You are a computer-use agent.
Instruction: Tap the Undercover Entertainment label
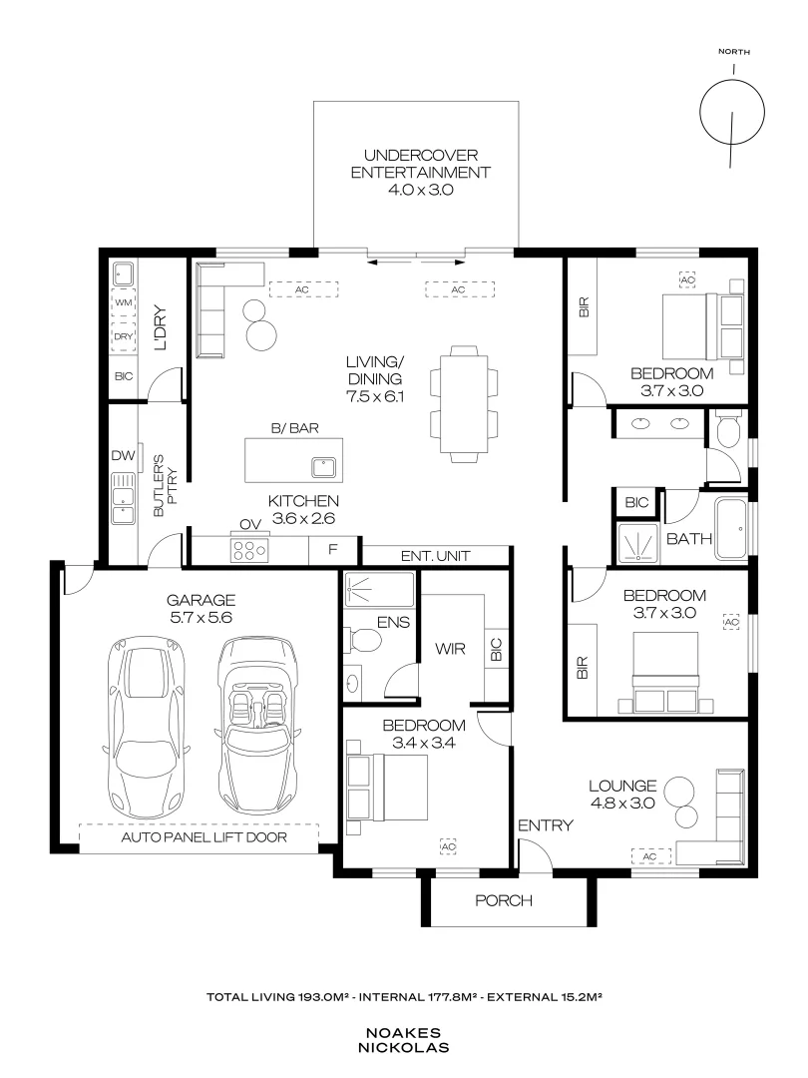point(421,165)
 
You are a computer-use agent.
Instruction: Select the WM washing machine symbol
point(124,302)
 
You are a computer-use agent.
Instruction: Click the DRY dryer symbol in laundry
point(124,336)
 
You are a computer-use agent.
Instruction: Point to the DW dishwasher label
point(123,455)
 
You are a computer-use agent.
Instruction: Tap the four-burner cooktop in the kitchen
point(249,549)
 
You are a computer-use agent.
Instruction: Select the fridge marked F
point(333,549)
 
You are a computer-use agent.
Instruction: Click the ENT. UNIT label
point(436,556)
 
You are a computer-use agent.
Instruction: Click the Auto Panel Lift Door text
point(204,837)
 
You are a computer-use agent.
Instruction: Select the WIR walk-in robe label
point(450,649)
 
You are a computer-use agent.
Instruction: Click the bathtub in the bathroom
point(731,529)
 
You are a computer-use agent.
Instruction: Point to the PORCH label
point(504,900)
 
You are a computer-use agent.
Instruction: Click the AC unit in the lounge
point(650,856)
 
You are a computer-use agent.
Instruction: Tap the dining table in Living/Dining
point(464,402)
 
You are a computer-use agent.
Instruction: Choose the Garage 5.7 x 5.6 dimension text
point(202,618)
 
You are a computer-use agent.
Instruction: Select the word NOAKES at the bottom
point(403,1033)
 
